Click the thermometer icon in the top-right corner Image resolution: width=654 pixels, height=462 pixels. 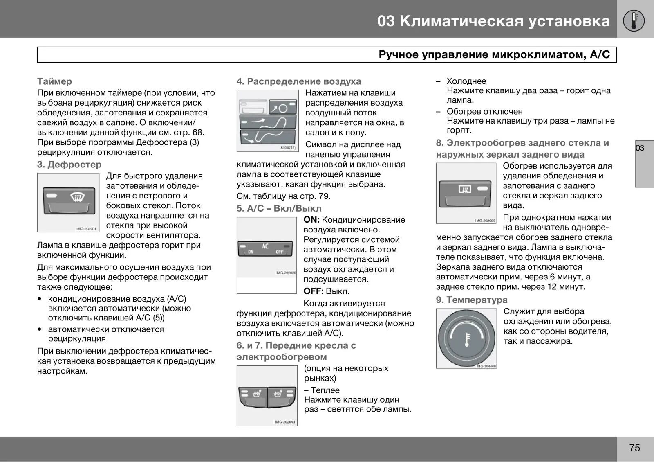pos(634,20)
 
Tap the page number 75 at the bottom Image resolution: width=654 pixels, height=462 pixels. pos(634,448)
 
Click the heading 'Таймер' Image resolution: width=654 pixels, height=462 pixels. pos(54,81)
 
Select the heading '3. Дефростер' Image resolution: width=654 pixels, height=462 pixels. pos(69,165)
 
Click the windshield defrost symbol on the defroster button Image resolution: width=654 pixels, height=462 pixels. pos(78,197)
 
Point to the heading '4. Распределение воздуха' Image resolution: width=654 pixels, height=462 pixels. pos(299,81)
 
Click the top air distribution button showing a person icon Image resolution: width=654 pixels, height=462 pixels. pos(282,108)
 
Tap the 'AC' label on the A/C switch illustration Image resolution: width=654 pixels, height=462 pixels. pos(265,246)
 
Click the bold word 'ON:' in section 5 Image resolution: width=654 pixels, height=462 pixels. pos(311,220)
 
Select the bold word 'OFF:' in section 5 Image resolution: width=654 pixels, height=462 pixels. pos(314,292)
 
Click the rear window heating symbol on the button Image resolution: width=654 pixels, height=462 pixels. pos(465,189)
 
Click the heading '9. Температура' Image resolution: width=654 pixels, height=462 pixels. pos(471,300)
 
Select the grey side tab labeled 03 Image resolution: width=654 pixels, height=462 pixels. pos(644,163)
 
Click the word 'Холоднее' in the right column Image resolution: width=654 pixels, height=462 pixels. pos(466,81)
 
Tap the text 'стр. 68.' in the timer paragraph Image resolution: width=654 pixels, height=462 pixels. pos(188,133)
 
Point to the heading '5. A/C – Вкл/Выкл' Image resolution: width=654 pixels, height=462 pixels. pos(279,209)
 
